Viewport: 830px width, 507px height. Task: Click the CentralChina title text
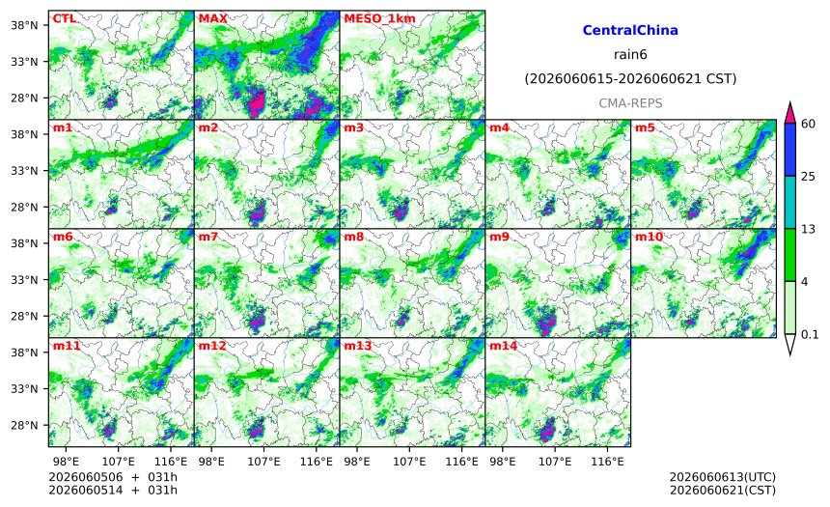(x=630, y=30)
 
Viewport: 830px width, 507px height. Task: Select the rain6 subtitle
(x=630, y=55)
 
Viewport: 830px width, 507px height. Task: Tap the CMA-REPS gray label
(x=630, y=103)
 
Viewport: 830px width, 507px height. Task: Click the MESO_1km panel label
(x=379, y=18)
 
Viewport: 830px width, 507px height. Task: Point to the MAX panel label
(x=212, y=18)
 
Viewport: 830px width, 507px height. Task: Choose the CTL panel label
(x=64, y=18)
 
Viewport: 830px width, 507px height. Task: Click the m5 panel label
(x=645, y=127)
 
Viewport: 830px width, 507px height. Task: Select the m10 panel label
(x=649, y=237)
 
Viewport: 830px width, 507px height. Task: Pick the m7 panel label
(x=208, y=237)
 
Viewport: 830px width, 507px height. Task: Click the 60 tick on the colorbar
(x=809, y=124)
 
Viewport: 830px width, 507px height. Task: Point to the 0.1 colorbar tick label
(x=810, y=334)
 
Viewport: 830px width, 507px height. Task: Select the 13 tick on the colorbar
(x=809, y=229)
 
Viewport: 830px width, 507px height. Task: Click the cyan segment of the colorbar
(x=790, y=203)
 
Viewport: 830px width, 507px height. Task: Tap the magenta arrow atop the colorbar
(x=790, y=112)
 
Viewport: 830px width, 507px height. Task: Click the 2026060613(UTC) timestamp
(x=723, y=477)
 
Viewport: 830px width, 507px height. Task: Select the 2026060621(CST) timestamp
(x=723, y=490)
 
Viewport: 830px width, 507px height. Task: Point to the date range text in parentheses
(x=630, y=79)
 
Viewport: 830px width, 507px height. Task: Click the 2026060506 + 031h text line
(x=113, y=477)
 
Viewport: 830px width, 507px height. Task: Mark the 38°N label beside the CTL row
(x=24, y=25)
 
